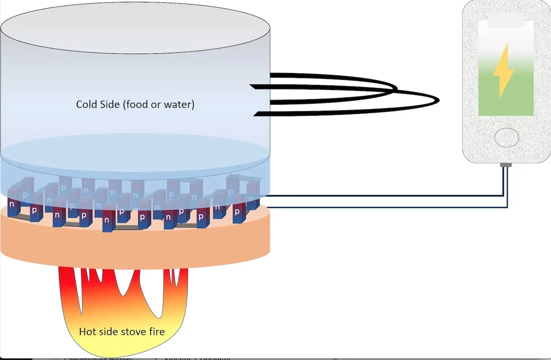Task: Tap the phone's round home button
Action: pos(506,137)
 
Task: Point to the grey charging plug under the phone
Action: pos(506,164)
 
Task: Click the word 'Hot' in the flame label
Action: pos(88,331)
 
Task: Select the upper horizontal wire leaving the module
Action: pos(381,196)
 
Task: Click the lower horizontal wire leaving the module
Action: pos(381,208)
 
